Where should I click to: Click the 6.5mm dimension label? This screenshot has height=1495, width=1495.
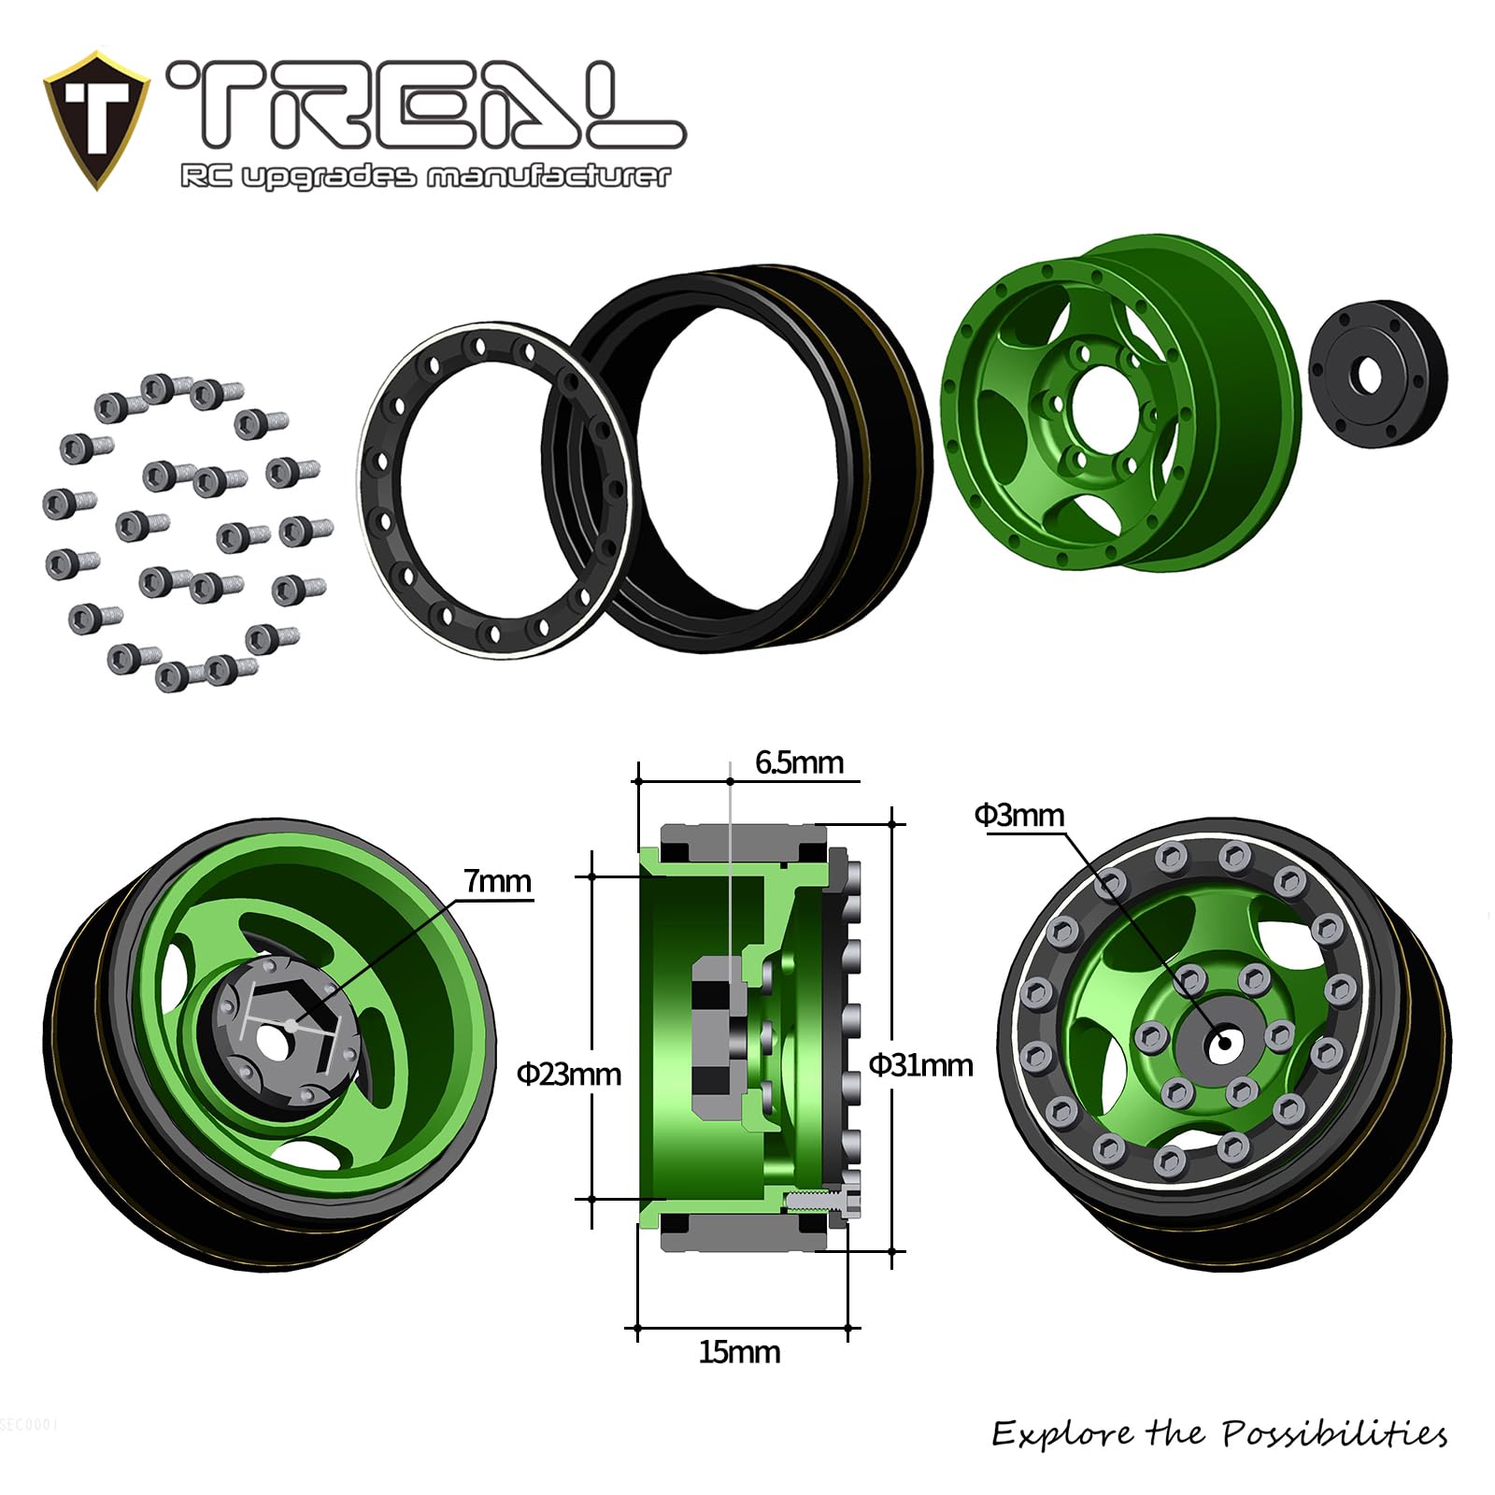click(799, 762)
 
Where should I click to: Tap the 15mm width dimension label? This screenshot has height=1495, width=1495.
click(739, 1352)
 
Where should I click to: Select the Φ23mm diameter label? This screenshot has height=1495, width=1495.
click(569, 1075)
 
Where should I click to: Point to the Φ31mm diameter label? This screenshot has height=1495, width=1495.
click(920, 1065)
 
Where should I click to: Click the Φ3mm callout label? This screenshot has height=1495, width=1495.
click(1019, 815)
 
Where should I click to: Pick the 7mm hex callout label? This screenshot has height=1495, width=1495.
click(497, 881)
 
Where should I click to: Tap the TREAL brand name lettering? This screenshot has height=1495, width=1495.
click(426, 106)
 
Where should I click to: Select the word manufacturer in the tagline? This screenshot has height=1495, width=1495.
click(548, 176)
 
